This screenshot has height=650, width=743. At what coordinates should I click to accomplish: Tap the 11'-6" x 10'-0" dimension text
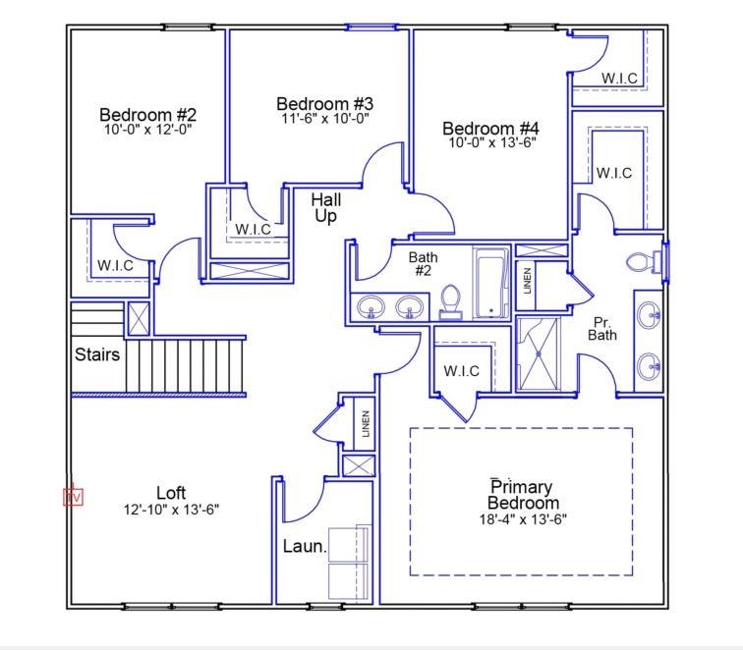tap(324, 119)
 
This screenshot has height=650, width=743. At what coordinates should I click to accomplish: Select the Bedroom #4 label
tap(490, 128)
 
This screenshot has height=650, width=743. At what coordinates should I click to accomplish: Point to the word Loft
tap(171, 492)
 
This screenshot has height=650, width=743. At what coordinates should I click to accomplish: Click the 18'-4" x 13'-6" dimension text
tap(521, 518)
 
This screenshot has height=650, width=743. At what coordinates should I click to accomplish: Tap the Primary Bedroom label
tap(521, 495)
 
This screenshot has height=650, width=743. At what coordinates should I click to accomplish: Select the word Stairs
tap(97, 353)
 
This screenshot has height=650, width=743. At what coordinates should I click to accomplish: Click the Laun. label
tap(305, 546)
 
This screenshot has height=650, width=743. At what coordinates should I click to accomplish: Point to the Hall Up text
tap(326, 207)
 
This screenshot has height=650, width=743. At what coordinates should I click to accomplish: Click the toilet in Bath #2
tap(451, 300)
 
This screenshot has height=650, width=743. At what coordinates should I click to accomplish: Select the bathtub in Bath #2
tap(489, 285)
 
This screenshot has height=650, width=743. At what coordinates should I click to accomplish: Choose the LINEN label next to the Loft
tap(365, 425)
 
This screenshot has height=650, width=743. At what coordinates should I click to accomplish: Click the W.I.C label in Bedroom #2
tap(115, 265)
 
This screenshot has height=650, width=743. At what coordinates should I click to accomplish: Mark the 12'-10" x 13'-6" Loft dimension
tap(171, 510)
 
